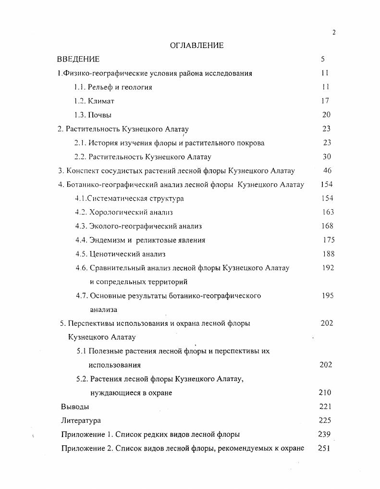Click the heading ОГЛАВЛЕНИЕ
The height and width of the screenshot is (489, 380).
(x=197, y=46)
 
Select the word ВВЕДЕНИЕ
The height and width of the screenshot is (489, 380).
(x=78, y=60)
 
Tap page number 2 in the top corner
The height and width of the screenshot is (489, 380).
(x=334, y=32)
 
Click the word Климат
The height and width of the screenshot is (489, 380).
(x=101, y=101)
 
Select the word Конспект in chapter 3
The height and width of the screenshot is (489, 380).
(x=81, y=171)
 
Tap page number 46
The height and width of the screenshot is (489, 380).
(x=327, y=170)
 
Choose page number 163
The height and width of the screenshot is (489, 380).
(x=327, y=212)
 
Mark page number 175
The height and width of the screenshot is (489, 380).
(x=329, y=240)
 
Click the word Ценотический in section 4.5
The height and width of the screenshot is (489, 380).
(x=112, y=254)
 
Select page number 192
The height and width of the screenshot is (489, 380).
(x=328, y=268)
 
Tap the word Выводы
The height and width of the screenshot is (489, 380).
(x=75, y=406)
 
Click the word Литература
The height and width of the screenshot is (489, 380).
(x=81, y=420)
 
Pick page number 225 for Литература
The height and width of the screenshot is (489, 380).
(x=325, y=420)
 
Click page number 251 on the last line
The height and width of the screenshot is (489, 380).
(x=325, y=448)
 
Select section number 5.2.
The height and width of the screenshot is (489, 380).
(x=82, y=379)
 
